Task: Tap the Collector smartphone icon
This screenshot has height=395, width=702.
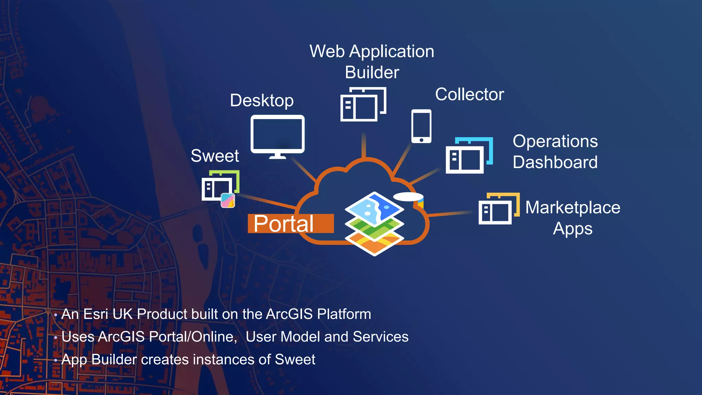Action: coord(421,126)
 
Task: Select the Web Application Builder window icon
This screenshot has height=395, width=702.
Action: coord(363,104)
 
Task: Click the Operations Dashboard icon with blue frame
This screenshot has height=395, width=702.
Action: coord(469,156)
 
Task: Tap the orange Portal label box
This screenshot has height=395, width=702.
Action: coord(290,224)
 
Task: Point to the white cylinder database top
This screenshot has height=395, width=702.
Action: coord(408,196)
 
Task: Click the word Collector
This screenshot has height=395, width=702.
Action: coord(469,94)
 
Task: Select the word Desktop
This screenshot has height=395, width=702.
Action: coord(262,100)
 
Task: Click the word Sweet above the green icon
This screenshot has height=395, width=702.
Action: coord(215,156)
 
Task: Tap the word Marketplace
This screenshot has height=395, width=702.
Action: coord(572,207)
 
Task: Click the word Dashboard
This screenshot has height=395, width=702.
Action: coord(555,162)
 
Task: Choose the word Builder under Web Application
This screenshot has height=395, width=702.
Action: coord(372,72)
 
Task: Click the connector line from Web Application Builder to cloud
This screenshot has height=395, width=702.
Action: coord(364,145)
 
